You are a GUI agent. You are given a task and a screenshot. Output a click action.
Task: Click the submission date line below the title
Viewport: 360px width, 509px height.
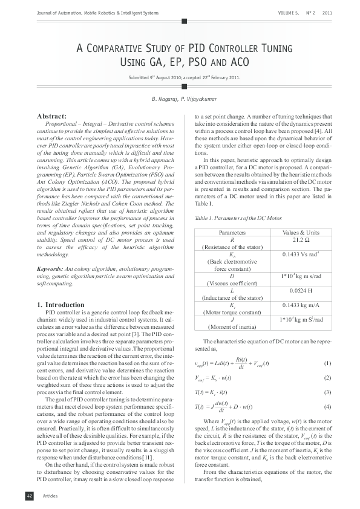click(180, 78)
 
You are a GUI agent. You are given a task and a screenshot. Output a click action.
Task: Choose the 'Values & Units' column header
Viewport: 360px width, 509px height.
click(300, 232)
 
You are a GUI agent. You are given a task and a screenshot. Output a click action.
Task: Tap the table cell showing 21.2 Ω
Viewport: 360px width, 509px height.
click(300, 239)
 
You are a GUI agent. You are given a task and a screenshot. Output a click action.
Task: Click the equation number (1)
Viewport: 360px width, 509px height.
click(327, 363)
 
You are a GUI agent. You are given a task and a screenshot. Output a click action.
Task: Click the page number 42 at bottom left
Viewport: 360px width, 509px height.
click(28, 495)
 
